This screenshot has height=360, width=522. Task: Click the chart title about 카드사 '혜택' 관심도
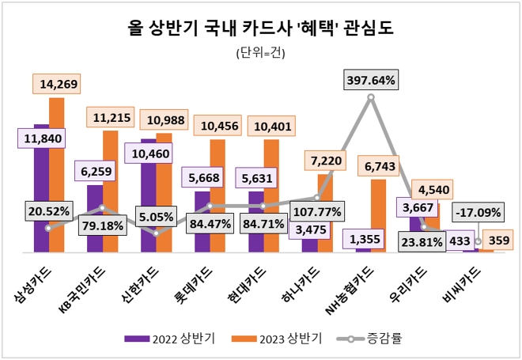coord(260,29)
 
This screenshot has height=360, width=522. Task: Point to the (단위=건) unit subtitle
coord(260,54)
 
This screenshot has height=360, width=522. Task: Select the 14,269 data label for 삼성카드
coord(59,83)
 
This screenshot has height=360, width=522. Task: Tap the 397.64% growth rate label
coord(371,80)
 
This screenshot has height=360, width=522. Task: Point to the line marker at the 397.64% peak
coord(371,97)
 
